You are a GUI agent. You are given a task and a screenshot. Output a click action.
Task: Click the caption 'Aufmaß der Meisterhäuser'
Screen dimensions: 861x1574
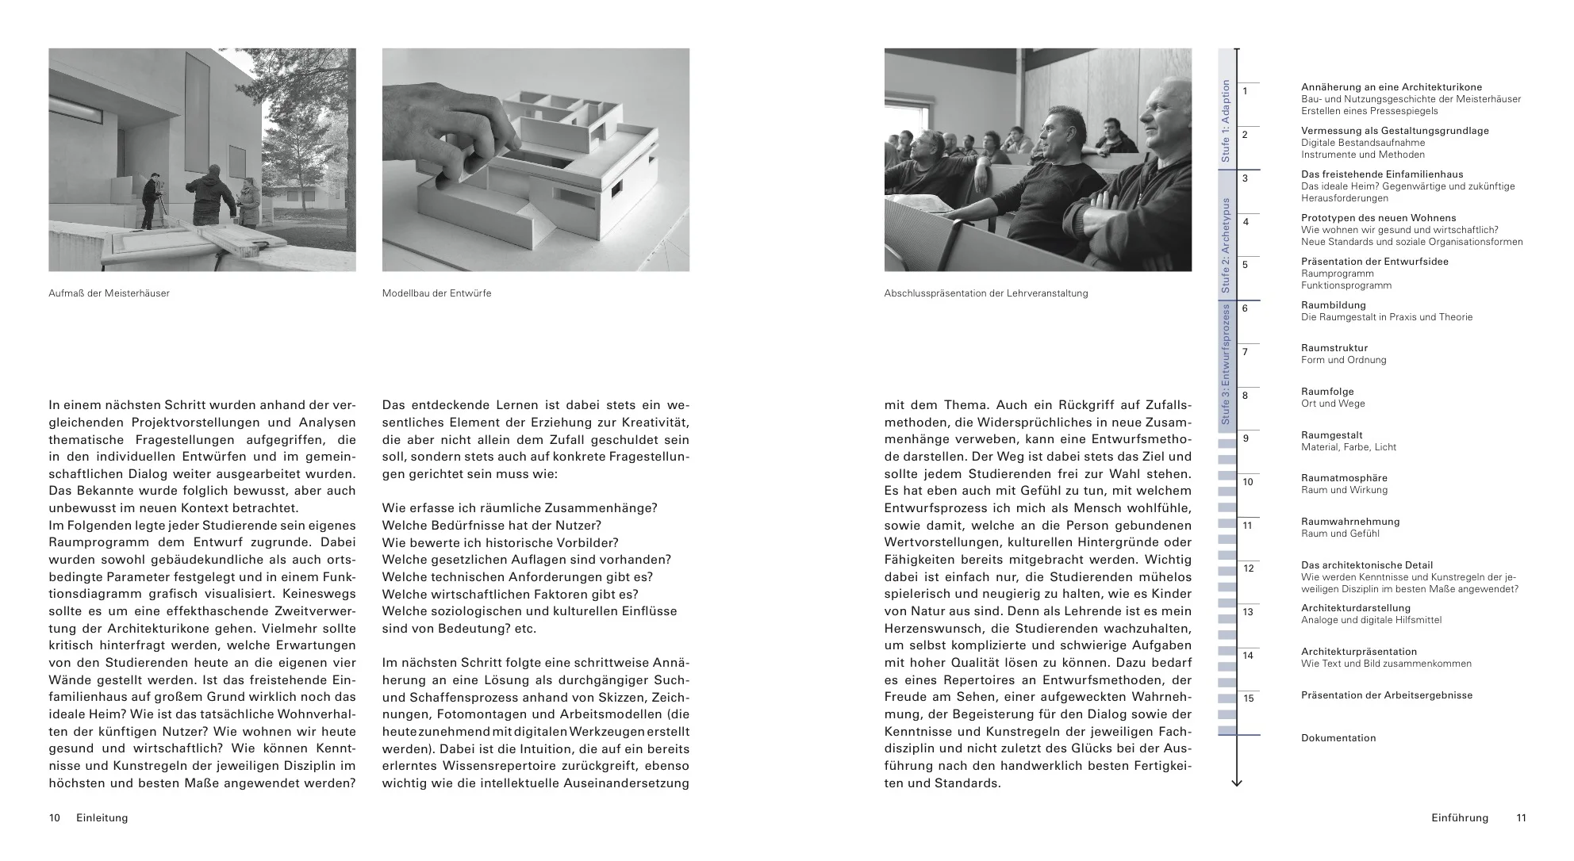(x=109, y=293)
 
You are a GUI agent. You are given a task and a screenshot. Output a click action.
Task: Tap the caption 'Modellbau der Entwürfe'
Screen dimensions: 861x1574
(x=436, y=293)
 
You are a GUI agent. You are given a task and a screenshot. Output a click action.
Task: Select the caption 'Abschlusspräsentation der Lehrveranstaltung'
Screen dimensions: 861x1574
(x=985, y=293)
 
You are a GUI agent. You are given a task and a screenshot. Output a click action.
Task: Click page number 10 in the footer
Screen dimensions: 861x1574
(x=55, y=818)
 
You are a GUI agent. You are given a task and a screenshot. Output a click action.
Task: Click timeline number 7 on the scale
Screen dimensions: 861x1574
(x=1245, y=352)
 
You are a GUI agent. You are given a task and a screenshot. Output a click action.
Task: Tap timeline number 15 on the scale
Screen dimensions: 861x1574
(x=1248, y=698)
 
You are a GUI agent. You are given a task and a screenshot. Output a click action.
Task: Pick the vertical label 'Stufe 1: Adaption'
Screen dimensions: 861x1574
(x=1226, y=121)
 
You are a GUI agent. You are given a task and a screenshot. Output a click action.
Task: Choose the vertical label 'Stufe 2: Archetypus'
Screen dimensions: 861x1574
(x=1226, y=245)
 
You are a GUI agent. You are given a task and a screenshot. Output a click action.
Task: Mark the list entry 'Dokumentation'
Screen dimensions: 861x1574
(x=1338, y=738)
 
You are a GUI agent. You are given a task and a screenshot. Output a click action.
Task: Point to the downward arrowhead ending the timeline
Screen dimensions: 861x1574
(x=1236, y=783)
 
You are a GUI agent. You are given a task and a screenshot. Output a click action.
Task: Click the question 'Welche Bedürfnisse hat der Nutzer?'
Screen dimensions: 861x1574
(x=492, y=526)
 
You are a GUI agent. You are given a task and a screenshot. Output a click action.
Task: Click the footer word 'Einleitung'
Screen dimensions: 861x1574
(x=102, y=818)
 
